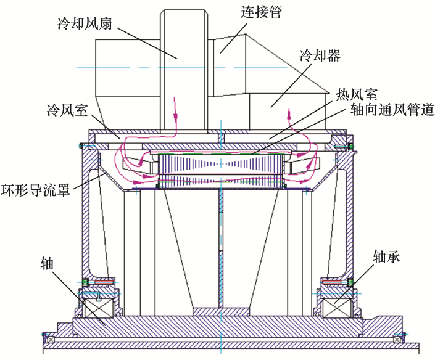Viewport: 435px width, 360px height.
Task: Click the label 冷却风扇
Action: point(85,23)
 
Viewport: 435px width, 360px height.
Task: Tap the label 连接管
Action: point(262,12)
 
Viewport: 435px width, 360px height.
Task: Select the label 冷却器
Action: point(320,55)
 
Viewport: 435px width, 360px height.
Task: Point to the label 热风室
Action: point(357,95)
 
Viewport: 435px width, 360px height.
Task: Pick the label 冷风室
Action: point(67,110)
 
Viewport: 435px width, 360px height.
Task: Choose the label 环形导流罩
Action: point(36,190)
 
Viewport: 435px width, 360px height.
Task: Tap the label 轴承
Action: point(387,256)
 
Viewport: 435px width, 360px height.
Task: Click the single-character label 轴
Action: point(47,263)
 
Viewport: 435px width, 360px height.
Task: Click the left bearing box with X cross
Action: point(99,308)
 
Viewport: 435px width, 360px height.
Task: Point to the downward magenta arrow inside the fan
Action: point(175,108)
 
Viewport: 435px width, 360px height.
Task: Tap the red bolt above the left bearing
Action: point(105,282)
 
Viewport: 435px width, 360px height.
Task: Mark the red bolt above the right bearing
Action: point(332,282)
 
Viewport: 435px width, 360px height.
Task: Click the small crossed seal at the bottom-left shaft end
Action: point(51,340)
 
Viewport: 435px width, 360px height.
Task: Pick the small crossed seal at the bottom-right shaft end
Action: point(397,340)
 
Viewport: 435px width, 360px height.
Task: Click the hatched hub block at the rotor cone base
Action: point(221,311)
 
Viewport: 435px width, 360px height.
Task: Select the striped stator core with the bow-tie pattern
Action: point(221,170)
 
